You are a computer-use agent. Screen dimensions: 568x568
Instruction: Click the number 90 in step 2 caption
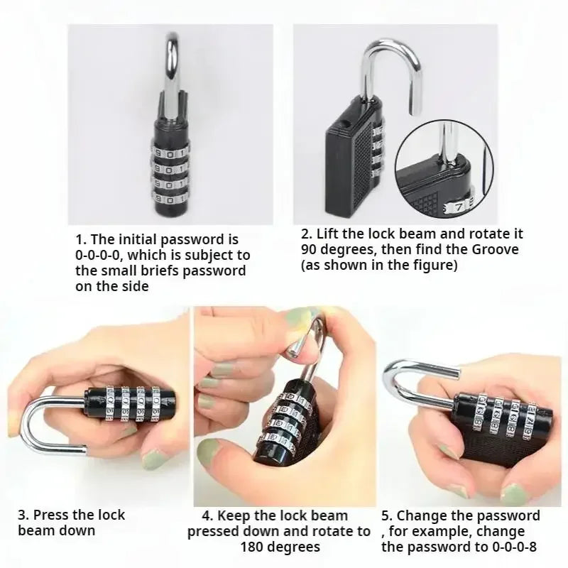point(310,249)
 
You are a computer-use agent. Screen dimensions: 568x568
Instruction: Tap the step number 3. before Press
point(23,515)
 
